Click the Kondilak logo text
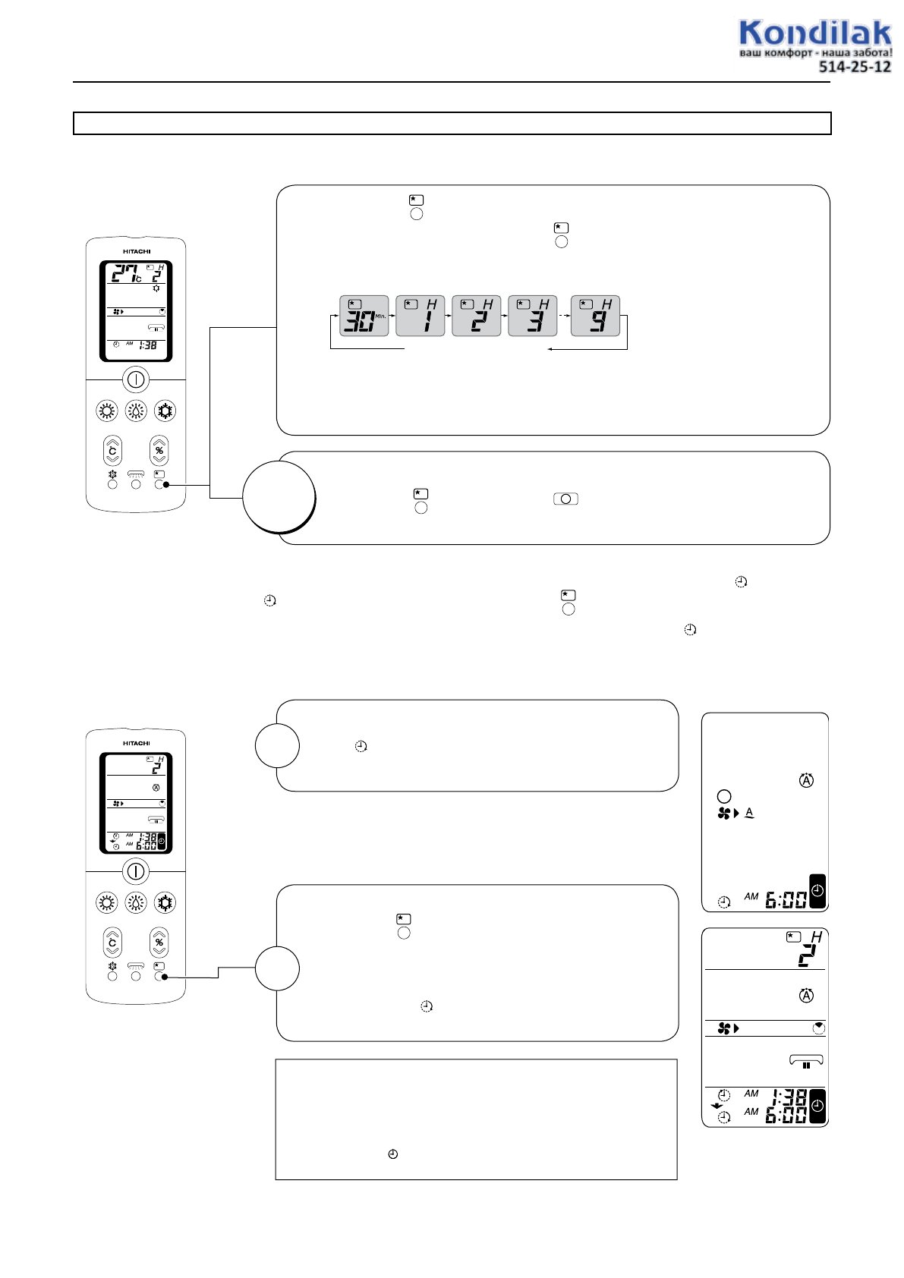pos(814,33)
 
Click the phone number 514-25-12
pos(854,67)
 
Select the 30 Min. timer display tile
pos(364,316)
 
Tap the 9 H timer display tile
pos(595,316)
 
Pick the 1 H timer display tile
pos(421,316)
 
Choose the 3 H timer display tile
pos(533,316)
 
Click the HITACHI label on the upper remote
pos(137,251)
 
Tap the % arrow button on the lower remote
pos(159,942)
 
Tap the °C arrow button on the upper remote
pos(112,450)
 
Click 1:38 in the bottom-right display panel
pos(789,1097)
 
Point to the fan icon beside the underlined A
pos(725,814)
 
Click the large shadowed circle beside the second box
pos(279,496)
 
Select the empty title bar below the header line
pos(452,123)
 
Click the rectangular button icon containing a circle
pos(565,499)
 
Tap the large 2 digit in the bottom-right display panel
pos(807,955)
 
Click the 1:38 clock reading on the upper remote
pos(147,345)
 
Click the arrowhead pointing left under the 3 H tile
pos(550,349)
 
